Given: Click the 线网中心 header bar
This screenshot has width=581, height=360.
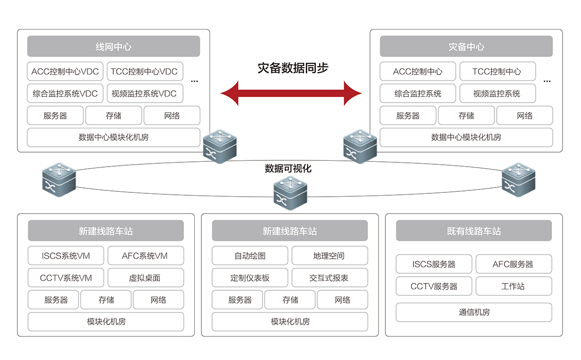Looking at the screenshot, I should [113, 47].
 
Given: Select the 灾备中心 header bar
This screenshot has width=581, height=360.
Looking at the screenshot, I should [466, 47].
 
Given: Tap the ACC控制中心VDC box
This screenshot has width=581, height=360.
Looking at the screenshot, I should [65, 72].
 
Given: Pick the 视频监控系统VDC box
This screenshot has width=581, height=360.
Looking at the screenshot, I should [144, 94].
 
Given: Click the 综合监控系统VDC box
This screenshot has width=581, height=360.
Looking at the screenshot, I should [65, 94].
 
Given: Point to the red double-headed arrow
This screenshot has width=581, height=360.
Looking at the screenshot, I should [291, 93].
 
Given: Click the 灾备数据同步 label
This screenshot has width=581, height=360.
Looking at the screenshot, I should [293, 68].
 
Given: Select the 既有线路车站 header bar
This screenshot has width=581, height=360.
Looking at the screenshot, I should [474, 231].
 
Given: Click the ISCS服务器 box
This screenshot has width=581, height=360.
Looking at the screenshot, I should [434, 265].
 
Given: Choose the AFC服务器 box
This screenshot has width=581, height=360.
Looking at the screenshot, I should [513, 265].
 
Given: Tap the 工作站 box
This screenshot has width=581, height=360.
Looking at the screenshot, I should [513, 286].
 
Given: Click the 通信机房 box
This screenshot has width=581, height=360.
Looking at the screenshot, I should [474, 313].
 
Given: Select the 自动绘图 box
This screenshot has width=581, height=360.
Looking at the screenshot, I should [250, 256].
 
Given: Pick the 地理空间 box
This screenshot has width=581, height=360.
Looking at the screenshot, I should [329, 256].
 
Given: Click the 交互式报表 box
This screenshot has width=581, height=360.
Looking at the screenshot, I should [329, 278].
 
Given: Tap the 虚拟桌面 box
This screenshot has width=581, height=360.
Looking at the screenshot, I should [145, 278].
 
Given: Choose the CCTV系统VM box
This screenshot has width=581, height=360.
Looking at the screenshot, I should [66, 278].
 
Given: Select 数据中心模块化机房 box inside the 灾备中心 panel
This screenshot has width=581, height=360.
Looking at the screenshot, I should [466, 138].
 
